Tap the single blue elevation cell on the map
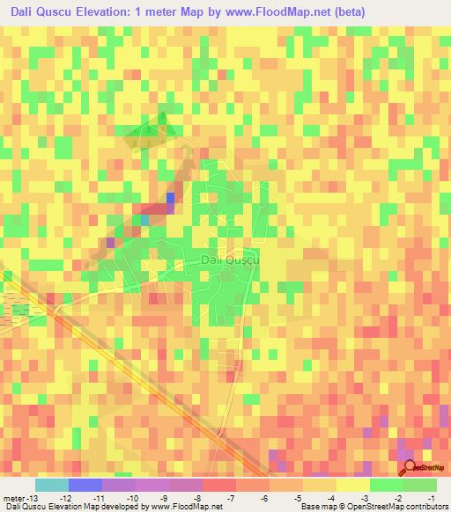click(170, 199)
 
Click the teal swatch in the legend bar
click(52, 485)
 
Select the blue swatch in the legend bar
click(85, 485)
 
